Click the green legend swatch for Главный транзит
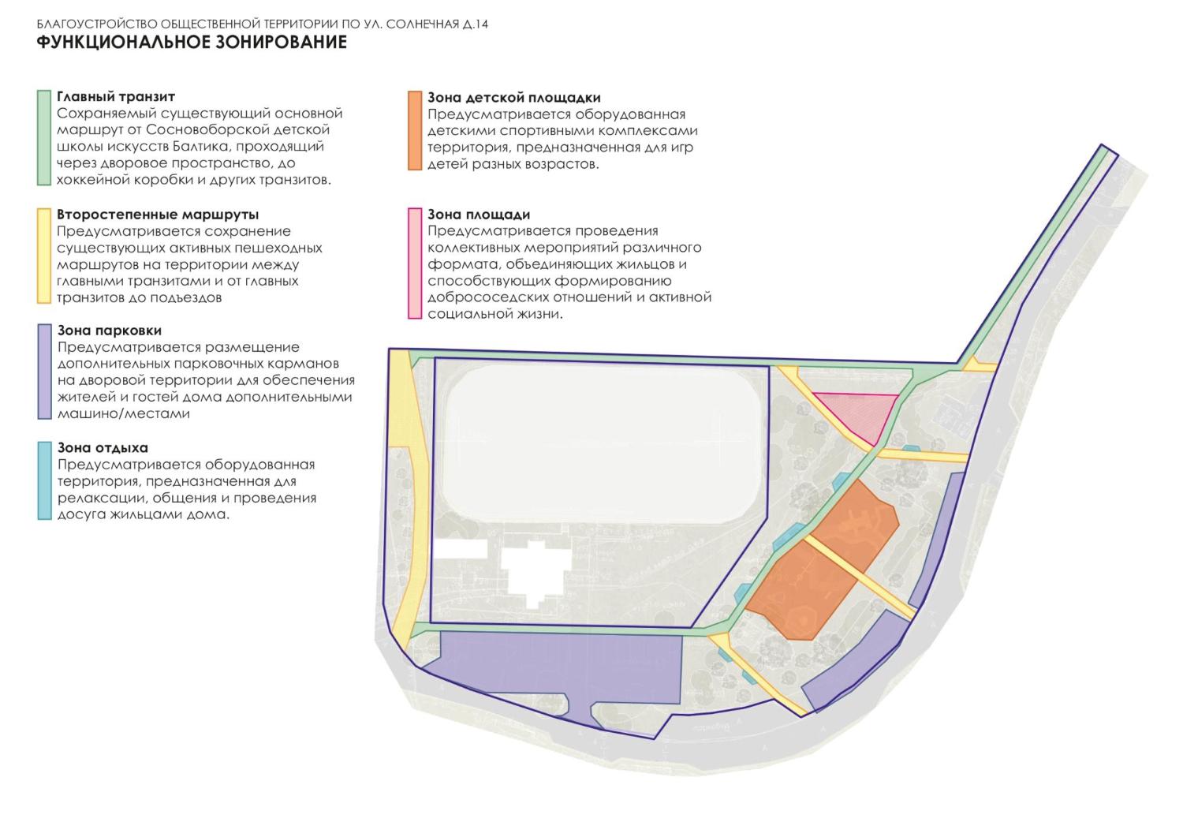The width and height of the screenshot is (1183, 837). pyautogui.click(x=44, y=138)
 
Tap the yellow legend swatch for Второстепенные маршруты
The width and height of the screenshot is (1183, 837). pyautogui.click(x=44, y=256)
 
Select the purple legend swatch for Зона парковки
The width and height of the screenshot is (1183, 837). pyautogui.click(x=44, y=372)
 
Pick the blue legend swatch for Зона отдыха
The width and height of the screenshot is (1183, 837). pyautogui.click(x=44, y=481)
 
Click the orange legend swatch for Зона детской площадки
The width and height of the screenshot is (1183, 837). pyautogui.click(x=415, y=130)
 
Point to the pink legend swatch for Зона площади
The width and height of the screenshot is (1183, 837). pyautogui.click(x=415, y=263)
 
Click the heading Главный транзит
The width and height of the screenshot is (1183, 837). pyautogui.click(x=116, y=97)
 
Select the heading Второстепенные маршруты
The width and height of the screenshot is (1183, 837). pyautogui.click(x=158, y=215)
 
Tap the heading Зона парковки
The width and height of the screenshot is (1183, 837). pyautogui.click(x=110, y=331)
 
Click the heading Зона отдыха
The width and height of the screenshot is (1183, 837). pyautogui.click(x=103, y=447)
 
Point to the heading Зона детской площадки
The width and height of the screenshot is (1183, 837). pyautogui.click(x=514, y=98)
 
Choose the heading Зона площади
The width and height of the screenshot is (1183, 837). pyautogui.click(x=479, y=215)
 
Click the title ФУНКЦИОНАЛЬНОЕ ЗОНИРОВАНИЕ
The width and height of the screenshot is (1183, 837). pyautogui.click(x=192, y=42)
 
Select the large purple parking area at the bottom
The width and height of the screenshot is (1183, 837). pyautogui.click(x=554, y=672)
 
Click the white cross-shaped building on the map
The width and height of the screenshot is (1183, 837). pyautogui.click(x=535, y=573)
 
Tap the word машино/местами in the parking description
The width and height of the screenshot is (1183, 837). pyautogui.click(x=124, y=413)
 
